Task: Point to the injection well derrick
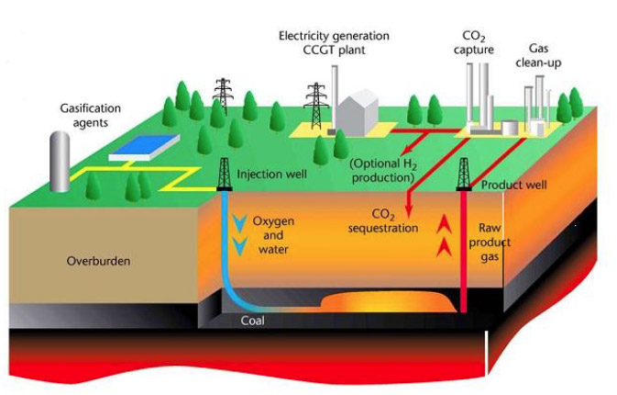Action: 224,172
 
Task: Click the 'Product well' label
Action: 513,185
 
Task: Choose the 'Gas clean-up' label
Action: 545,52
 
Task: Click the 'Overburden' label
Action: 98,261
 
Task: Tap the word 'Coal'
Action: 253,320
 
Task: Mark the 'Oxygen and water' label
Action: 273,235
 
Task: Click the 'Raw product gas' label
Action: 496,242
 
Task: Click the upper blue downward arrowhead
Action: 239,223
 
